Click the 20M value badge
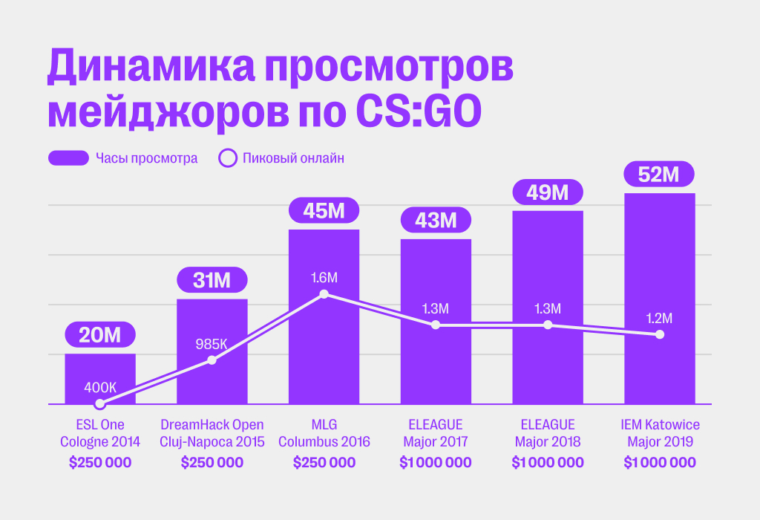coord(100,335)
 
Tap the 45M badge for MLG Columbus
coord(324,210)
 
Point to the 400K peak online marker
coord(100,404)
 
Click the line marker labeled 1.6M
coord(324,295)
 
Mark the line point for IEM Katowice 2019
coord(660,334)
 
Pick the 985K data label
coord(212,344)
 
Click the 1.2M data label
coord(660,319)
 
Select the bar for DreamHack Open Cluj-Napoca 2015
coord(212,371)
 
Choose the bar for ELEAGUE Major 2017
coord(436,364)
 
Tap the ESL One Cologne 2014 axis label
coord(100,433)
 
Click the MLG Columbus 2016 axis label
coord(324,433)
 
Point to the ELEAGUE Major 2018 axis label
coord(548,433)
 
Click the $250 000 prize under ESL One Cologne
coord(100,463)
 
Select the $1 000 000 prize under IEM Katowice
coord(660,463)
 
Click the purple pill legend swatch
coord(68,158)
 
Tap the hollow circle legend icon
coord(228,158)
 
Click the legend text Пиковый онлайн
coord(293,158)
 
